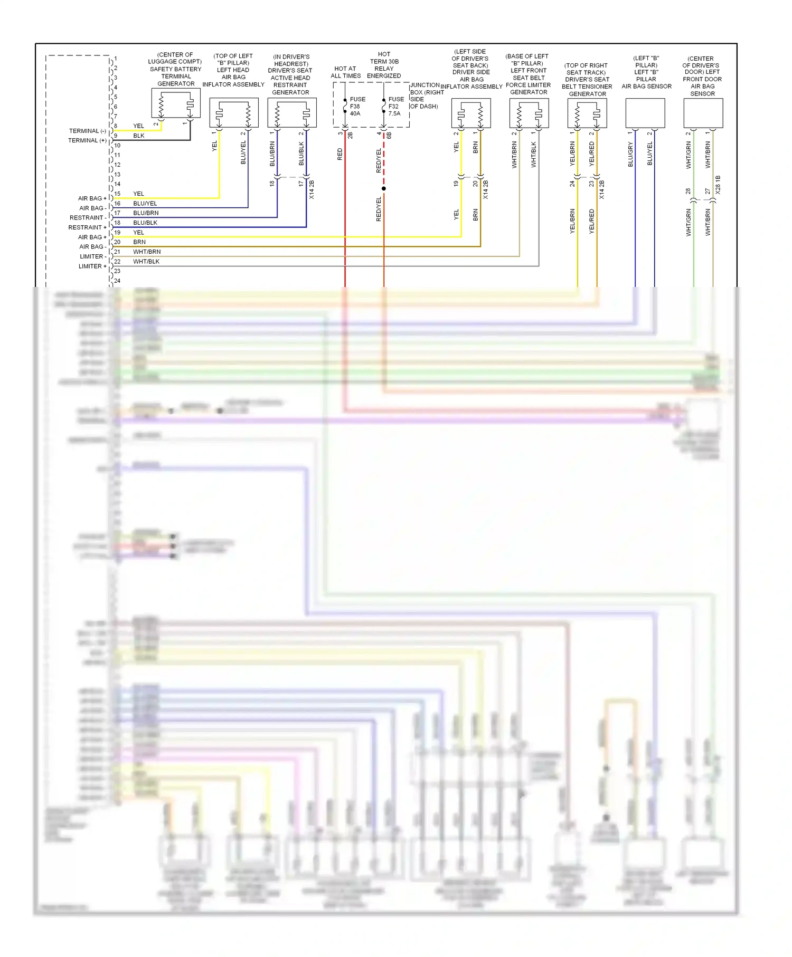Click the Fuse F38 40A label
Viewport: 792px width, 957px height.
(x=357, y=106)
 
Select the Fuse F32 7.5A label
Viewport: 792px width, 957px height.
(x=395, y=106)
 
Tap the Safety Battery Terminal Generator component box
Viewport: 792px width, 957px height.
(x=176, y=103)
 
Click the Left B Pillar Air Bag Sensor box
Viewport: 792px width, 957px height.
(x=645, y=113)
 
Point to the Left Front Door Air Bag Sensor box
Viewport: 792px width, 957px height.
(x=703, y=113)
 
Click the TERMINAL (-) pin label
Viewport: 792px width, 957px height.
(x=87, y=131)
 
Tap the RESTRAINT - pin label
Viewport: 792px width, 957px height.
(x=88, y=218)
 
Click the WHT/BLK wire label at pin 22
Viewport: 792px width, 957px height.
(x=146, y=262)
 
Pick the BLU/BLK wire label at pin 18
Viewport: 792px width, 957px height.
(x=145, y=223)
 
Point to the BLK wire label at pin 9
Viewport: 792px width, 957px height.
(x=139, y=136)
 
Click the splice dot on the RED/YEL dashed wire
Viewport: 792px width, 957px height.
(x=384, y=188)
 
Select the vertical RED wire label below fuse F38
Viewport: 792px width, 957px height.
(x=340, y=154)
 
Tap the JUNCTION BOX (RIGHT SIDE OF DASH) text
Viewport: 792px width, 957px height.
(x=426, y=95)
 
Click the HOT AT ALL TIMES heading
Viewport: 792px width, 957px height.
(x=345, y=72)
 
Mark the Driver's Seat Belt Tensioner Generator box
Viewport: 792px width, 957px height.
(x=587, y=113)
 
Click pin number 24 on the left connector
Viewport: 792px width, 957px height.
(x=117, y=281)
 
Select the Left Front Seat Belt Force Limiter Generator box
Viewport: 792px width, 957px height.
(x=529, y=113)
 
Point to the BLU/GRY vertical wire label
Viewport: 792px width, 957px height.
(x=630, y=154)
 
